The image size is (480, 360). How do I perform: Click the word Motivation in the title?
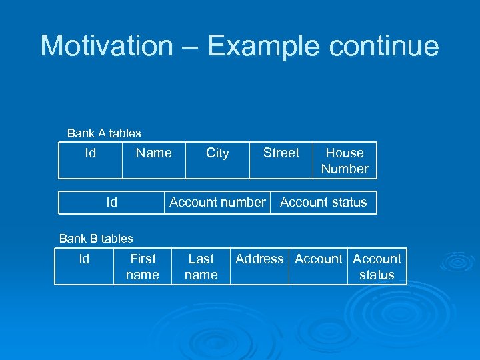(106, 46)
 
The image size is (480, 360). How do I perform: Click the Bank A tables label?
(104, 133)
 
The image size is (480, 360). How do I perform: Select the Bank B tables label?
(96, 239)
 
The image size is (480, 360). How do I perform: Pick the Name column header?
(153, 153)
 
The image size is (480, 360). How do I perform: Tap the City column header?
(217, 153)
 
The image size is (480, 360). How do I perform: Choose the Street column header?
(281, 153)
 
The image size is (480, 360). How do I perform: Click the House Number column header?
(345, 161)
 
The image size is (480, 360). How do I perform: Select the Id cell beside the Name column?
(90, 153)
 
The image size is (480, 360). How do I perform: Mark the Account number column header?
(217, 203)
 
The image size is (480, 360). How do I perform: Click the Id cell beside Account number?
(111, 203)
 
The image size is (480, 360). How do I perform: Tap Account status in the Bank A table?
(323, 203)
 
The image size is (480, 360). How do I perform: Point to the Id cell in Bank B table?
(84, 259)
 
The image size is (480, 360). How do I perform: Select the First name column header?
(143, 267)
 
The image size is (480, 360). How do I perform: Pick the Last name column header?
(201, 267)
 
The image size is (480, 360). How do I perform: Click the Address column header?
(259, 259)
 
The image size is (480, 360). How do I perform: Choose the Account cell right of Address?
(318, 259)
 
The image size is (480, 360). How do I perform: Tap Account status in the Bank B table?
(377, 267)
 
